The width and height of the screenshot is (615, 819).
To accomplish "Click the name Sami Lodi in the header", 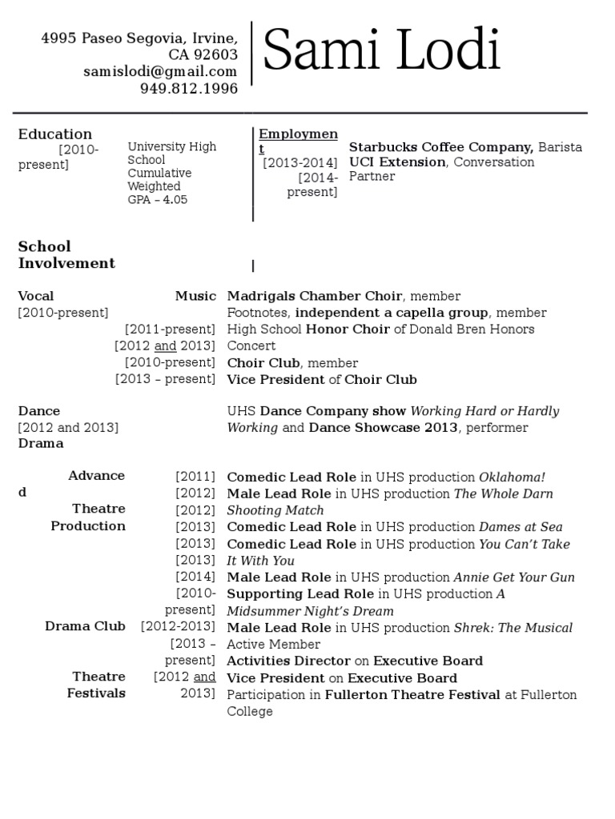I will [381, 51].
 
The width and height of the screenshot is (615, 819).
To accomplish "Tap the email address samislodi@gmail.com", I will [160, 72].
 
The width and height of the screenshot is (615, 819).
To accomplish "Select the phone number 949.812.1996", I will [189, 89].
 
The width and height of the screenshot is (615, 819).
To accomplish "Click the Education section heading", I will [55, 134].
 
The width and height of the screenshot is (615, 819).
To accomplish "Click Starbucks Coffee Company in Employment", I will [441, 147].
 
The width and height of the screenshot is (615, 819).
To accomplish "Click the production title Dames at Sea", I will [521, 527].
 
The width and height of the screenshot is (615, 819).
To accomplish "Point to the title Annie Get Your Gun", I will [514, 577].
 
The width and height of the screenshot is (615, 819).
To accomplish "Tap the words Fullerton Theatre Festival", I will [412, 695].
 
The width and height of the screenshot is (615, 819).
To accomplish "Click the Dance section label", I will [39, 411].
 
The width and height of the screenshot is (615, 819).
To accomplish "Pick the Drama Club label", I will [85, 626].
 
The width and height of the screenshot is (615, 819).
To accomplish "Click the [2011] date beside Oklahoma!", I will [195, 476].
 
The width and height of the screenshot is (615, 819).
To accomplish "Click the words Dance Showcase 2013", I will [383, 428].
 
